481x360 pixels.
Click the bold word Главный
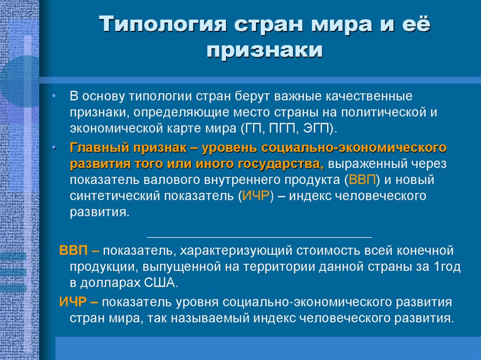[x=99, y=148]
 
